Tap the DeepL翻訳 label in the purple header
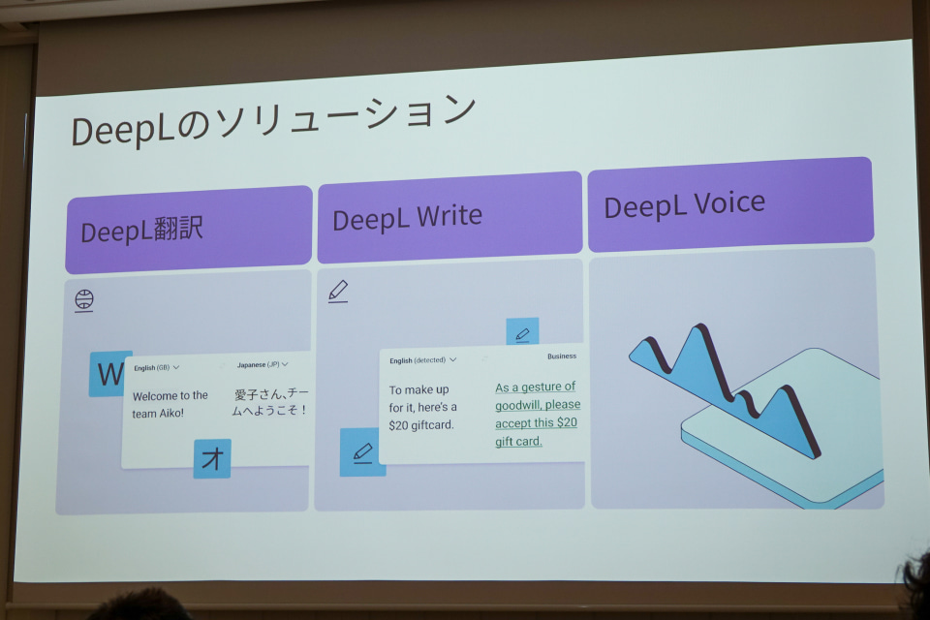coord(141,231)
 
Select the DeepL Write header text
coord(407,218)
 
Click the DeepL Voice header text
coord(685,204)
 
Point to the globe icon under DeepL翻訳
coord(84,300)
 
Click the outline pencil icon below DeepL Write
coord(338,292)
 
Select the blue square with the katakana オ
coord(212,458)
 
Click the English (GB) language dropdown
coord(157,368)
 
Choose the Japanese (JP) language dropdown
coord(263,364)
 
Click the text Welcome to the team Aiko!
coord(170,404)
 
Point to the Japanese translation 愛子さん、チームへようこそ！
coord(270,402)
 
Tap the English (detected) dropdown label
coord(423,360)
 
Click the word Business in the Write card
coord(562,356)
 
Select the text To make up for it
coord(423,398)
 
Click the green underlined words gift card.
coord(518,441)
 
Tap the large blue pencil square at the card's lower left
coord(360,452)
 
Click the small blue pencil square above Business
coord(522,332)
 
